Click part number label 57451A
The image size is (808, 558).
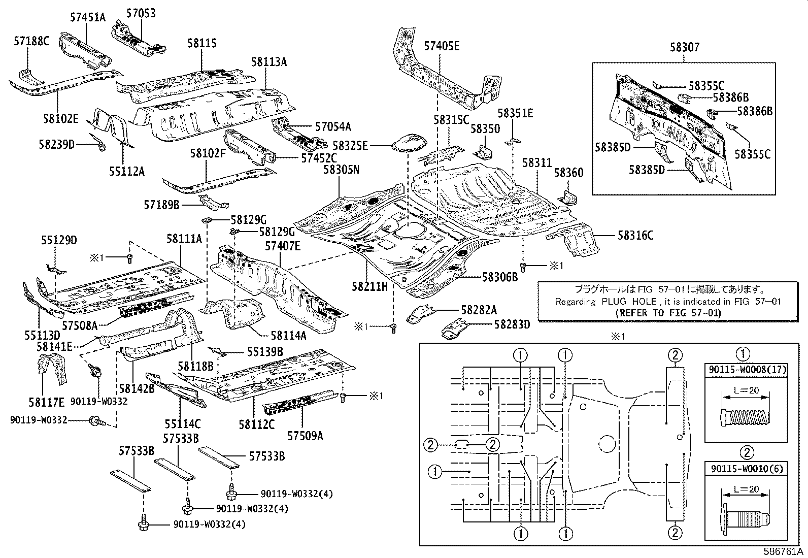pyautogui.click(x=87, y=17)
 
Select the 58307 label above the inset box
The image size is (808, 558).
pyautogui.click(x=684, y=47)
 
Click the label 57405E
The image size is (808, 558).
pyautogui.click(x=442, y=46)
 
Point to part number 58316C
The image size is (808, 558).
pyautogui.click(x=635, y=235)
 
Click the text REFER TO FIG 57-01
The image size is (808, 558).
pyautogui.click(x=668, y=313)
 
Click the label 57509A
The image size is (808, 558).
pyautogui.click(x=305, y=436)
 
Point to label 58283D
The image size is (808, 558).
pyautogui.click(x=512, y=324)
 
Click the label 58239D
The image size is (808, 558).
pyautogui.click(x=56, y=145)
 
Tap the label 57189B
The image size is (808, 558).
pyautogui.click(x=161, y=205)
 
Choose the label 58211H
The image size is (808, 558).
pyautogui.click(x=369, y=287)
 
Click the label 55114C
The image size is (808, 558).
pyautogui.click(x=182, y=423)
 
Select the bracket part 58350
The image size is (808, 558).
pyautogui.click(x=483, y=151)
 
